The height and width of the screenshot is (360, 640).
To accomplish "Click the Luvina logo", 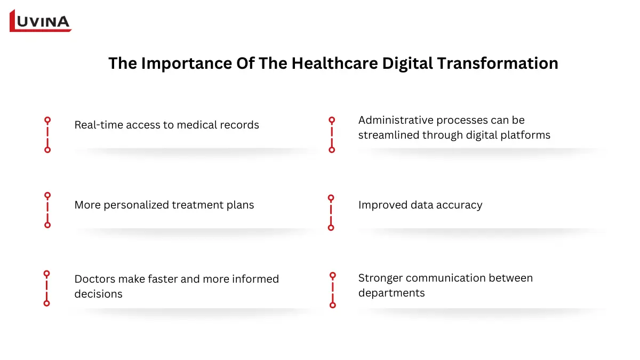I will tap(41, 21).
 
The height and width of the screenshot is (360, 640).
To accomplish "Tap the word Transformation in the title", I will tap(498, 63).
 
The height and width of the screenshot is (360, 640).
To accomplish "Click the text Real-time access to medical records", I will tap(166, 125).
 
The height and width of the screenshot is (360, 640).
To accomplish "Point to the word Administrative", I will tap(396, 120).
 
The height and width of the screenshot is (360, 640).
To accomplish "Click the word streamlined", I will tap(389, 135).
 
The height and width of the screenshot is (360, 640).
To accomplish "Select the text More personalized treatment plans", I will tap(164, 205).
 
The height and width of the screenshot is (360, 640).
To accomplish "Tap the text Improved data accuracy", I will tap(420, 205).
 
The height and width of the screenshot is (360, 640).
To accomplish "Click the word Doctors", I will tap(95, 279).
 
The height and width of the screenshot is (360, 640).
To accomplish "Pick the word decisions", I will tap(99, 294).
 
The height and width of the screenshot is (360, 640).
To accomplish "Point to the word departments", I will tap(391, 293).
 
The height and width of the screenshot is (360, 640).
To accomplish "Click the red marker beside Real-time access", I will tap(47, 135).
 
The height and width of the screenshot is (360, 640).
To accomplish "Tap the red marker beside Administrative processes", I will tap(332, 135).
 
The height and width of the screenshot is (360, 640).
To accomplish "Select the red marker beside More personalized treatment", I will tap(47, 210).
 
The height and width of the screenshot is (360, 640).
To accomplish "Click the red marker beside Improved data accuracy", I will tap(331, 212).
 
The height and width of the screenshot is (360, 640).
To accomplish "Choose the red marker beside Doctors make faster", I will tap(47, 288).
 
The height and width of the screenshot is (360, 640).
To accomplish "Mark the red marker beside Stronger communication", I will tap(333, 290).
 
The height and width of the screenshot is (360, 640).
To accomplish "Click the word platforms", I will tap(526, 135).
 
